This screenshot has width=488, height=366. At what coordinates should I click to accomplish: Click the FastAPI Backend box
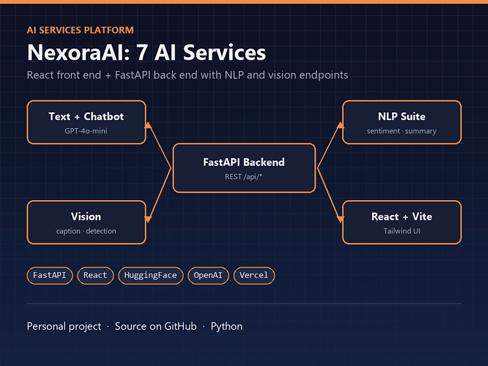(244, 168)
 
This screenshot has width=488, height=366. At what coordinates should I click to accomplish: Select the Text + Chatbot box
(86, 122)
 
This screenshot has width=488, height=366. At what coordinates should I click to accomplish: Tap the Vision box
(86, 223)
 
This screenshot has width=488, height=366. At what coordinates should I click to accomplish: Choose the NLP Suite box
(402, 122)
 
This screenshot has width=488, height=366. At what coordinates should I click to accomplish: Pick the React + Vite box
(402, 223)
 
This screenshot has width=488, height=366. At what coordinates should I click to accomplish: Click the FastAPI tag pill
(50, 275)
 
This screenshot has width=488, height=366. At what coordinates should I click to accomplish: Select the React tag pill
(95, 275)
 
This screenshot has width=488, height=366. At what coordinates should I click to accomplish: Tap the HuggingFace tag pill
(151, 275)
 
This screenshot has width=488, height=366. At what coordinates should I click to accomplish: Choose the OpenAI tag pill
(208, 275)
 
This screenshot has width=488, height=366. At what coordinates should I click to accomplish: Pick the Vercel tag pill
(254, 275)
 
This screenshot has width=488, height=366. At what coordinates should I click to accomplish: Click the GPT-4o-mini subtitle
(86, 131)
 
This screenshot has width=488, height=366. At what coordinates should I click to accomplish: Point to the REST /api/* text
(244, 177)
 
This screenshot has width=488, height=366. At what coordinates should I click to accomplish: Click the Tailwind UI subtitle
(402, 231)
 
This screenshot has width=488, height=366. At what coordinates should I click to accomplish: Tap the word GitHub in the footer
(181, 326)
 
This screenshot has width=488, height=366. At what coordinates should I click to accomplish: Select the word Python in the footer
(227, 327)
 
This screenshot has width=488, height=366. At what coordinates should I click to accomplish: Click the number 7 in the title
(142, 53)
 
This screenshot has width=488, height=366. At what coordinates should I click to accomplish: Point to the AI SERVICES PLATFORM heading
(80, 30)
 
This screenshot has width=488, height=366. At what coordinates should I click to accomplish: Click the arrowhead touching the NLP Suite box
(340, 125)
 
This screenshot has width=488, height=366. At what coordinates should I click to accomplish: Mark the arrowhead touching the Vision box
(148, 219)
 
